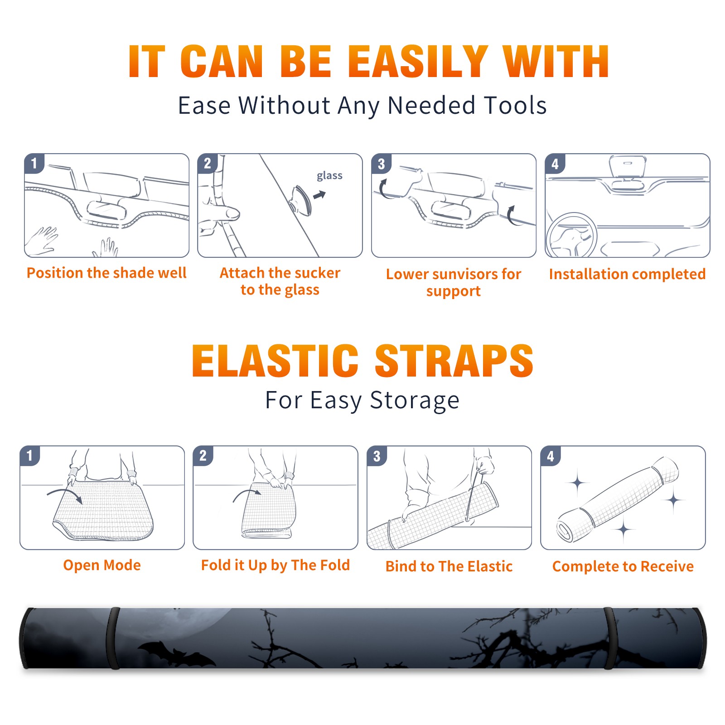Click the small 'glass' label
(x=329, y=176)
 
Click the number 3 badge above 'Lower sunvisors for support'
(x=381, y=164)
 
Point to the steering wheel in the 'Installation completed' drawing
(x=571, y=235)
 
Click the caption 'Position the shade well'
(x=106, y=273)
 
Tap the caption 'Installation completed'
(x=627, y=274)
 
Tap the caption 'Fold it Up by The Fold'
(x=275, y=565)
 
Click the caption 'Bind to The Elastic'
(x=449, y=566)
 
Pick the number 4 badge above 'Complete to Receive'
(x=551, y=456)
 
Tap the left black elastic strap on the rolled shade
(x=113, y=638)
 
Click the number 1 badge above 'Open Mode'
(x=29, y=456)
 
